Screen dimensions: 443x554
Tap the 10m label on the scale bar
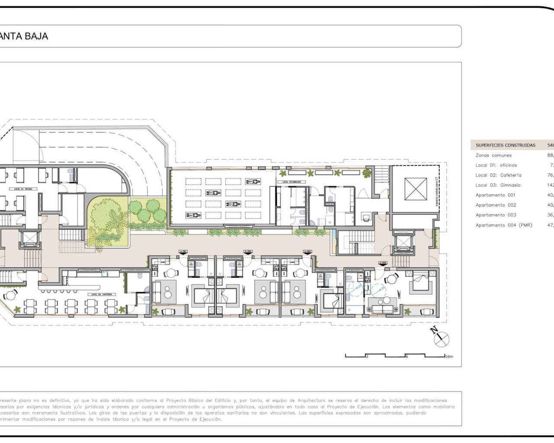tap(449, 357)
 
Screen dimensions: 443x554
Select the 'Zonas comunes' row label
tap(493, 155)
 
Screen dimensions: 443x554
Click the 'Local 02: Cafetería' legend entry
tap(498, 175)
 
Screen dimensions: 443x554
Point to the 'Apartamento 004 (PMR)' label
tap(504, 225)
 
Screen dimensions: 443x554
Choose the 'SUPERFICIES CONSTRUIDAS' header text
tap(505, 145)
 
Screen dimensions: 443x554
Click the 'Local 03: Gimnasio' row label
tap(498, 185)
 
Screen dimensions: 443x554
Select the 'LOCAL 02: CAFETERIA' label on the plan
tap(102, 294)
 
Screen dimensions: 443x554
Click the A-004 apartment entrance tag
tap(383, 263)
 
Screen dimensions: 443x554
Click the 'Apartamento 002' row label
tap(496, 205)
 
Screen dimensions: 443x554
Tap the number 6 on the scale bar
tap(406, 357)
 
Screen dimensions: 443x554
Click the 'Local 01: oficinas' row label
tap(496, 165)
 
